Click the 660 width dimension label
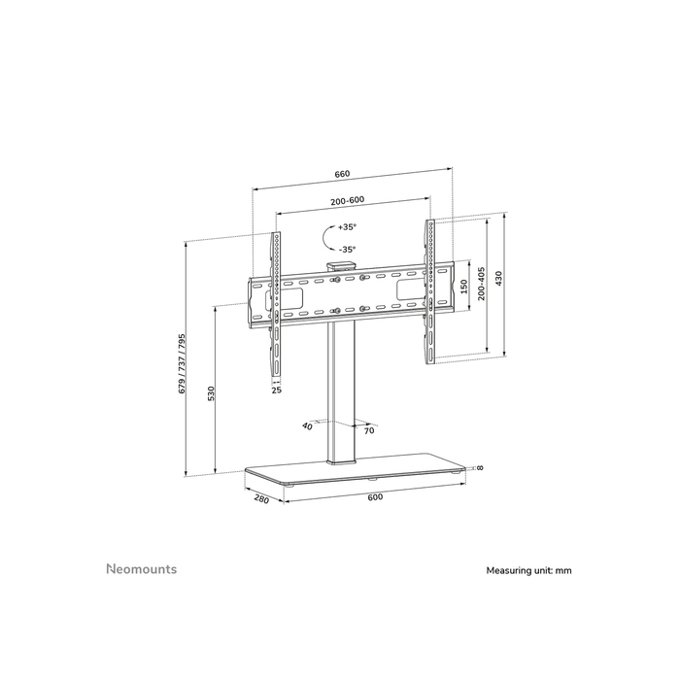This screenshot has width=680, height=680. [x=342, y=174]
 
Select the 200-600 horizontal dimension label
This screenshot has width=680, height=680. [x=347, y=200]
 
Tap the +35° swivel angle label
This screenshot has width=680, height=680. [x=347, y=226]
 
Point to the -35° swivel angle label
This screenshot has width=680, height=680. [x=347, y=249]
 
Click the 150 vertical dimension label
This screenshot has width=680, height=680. [x=464, y=289]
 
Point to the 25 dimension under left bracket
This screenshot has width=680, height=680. [x=276, y=390]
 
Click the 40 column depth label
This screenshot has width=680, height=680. [x=308, y=425]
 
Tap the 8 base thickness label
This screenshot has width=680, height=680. [x=480, y=468]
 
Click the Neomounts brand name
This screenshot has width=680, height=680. [x=141, y=569]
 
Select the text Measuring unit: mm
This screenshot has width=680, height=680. [x=529, y=570]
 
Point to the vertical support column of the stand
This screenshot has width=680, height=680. [x=341, y=389]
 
